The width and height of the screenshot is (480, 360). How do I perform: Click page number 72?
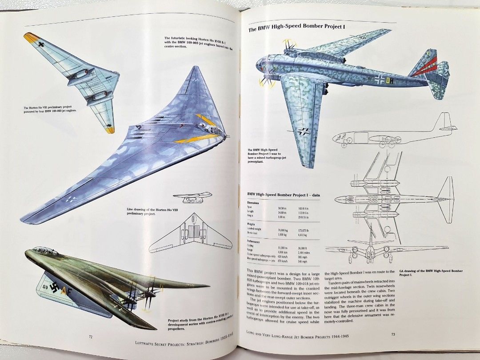91,336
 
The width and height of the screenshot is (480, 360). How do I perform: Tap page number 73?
393,334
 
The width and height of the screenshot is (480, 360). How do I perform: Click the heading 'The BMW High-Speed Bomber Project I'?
296,29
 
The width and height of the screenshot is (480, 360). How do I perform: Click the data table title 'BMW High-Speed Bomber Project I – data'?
284,195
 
